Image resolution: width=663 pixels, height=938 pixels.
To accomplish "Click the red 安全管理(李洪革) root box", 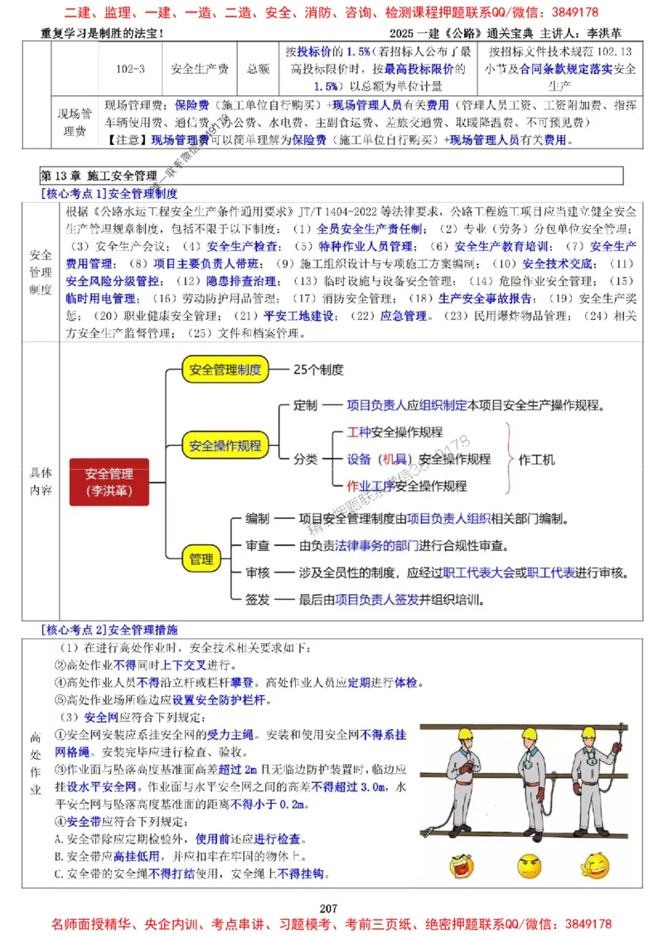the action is point(109,482).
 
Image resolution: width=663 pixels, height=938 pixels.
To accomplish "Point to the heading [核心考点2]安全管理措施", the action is point(109,630).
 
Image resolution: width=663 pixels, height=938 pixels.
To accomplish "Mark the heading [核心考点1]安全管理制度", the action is point(109,193).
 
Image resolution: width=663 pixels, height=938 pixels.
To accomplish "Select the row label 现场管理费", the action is point(74,121).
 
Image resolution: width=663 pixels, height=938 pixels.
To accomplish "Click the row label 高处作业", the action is point(36,762).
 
